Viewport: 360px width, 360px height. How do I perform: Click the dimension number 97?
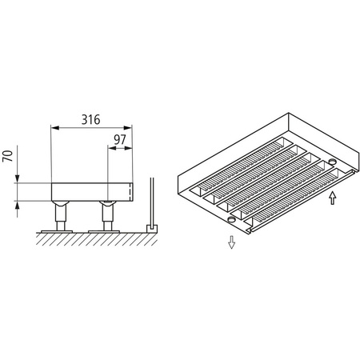[x=121, y=141]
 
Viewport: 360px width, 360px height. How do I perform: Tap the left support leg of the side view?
[x=59, y=214]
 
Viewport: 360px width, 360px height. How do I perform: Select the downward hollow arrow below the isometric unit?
[x=231, y=242]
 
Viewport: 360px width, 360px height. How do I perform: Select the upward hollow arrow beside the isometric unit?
[x=333, y=197]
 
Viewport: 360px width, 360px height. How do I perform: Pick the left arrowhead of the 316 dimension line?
[x=54, y=126]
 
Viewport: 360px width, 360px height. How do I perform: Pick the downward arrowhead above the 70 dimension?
[x=18, y=179]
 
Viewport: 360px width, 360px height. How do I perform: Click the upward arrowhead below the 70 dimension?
[x=18, y=204]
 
